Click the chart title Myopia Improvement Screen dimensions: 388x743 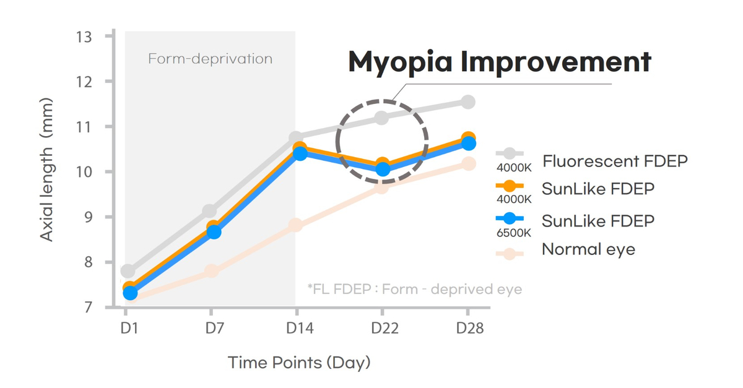pyautogui.click(x=499, y=62)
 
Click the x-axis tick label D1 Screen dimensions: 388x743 pyautogui.click(x=129, y=328)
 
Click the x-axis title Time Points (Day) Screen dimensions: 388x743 pyautogui.click(x=298, y=362)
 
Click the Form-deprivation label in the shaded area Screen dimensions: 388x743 pyautogui.click(x=210, y=59)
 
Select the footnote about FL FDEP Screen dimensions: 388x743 pyautogui.click(x=414, y=289)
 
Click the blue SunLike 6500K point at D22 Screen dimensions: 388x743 pyautogui.click(x=383, y=169)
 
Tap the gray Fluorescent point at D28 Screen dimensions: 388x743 pyautogui.click(x=467, y=101)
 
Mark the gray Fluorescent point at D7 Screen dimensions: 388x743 pyautogui.click(x=210, y=212)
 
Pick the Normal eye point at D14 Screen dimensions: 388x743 pyautogui.click(x=295, y=225)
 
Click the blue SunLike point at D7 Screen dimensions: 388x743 pyautogui.click(x=214, y=232)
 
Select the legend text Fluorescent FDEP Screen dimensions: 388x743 pyautogui.click(x=615, y=162)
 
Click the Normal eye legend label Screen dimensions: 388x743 pyautogui.click(x=588, y=249)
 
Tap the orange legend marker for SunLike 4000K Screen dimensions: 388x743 pyautogui.click(x=509, y=186)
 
